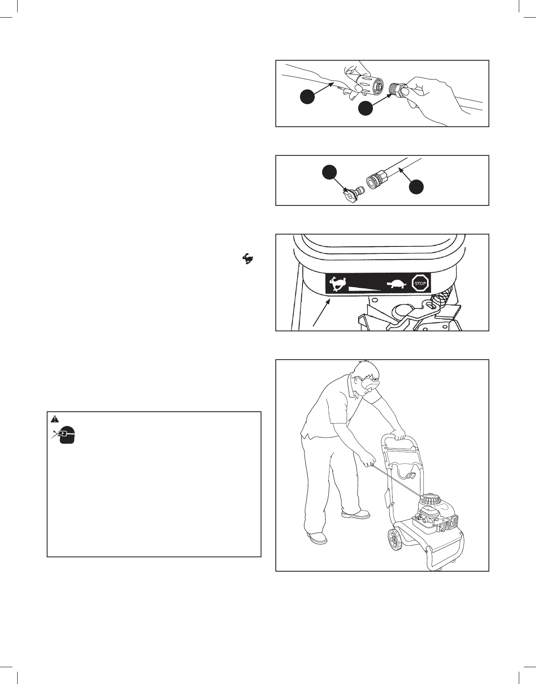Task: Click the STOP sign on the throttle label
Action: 420,283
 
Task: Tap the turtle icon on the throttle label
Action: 395,283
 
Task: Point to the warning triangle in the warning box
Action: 55,419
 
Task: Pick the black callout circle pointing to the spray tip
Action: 329,173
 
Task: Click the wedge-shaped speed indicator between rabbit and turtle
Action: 364,288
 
